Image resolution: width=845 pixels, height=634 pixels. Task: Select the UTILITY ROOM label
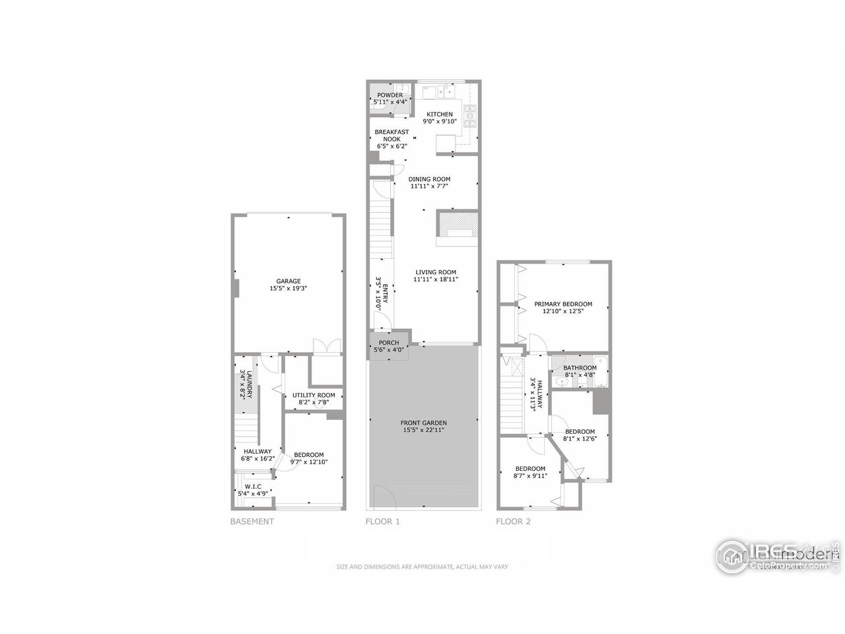tap(310, 395)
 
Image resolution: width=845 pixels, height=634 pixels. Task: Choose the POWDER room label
tap(389, 95)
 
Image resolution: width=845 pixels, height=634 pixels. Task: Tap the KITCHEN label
tap(439, 114)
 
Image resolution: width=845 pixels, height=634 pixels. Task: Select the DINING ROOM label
tap(429, 179)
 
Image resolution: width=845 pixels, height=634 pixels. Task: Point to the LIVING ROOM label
tap(435, 272)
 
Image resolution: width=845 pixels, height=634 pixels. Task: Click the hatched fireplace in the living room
tap(457, 221)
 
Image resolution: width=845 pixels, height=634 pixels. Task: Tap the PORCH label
tap(388, 342)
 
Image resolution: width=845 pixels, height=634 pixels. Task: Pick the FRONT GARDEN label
tap(423, 423)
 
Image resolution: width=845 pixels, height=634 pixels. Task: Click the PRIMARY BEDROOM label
tap(563, 304)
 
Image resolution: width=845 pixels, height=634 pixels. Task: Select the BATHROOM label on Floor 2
tap(580, 368)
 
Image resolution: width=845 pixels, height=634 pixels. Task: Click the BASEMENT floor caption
tap(252, 522)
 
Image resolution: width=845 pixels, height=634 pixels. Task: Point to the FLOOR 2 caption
tap(513, 522)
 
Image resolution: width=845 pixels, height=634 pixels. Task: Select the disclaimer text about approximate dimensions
tap(422, 567)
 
